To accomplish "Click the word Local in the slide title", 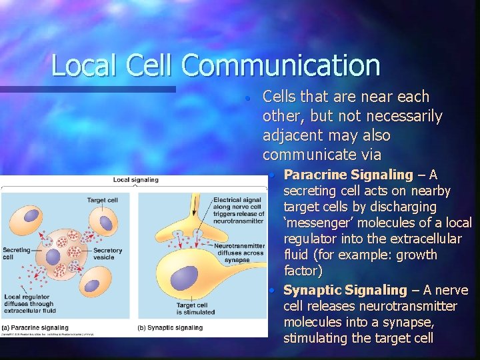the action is click(x=79, y=65).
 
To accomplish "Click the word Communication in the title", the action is click(x=280, y=65).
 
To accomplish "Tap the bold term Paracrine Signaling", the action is click(x=349, y=175).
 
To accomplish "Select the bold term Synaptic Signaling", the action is click(x=345, y=290).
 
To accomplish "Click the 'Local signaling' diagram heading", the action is click(x=135, y=179).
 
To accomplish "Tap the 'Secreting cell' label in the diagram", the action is click(x=16, y=254).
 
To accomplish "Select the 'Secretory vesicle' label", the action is click(x=108, y=254).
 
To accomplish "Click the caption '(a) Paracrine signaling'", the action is click(x=36, y=328).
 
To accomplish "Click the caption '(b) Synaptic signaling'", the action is click(x=170, y=328).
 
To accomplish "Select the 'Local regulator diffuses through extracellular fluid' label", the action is click(x=29, y=304).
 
